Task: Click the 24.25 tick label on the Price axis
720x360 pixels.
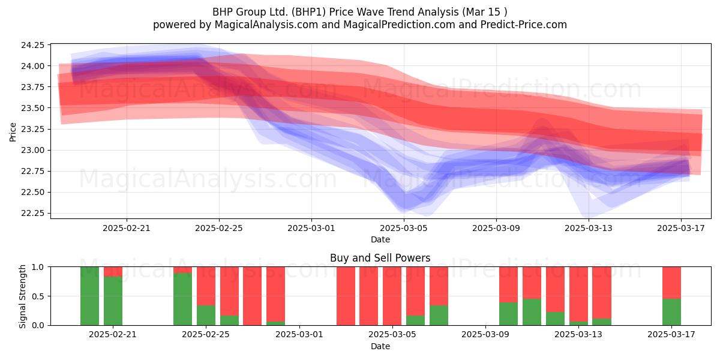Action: (32, 45)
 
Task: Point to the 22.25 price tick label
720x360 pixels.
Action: (32, 214)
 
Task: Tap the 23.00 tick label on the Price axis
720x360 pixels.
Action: (32, 151)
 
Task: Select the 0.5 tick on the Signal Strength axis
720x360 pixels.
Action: (38, 296)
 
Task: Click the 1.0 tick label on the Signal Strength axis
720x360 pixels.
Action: (38, 267)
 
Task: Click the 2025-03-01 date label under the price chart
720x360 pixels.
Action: (311, 228)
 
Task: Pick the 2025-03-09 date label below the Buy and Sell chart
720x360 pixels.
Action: (485, 335)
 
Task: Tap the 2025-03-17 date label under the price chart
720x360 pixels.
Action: (681, 228)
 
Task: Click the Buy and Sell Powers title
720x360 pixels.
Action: (380, 258)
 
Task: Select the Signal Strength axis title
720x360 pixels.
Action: (22, 296)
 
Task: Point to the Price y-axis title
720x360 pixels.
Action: (13, 132)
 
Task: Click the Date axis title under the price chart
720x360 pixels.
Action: (380, 239)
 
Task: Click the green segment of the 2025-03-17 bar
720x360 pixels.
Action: (671, 312)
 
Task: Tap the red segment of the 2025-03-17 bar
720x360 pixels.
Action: (671, 283)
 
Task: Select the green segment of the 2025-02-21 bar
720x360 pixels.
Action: (113, 301)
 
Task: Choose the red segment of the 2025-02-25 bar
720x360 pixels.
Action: (206, 286)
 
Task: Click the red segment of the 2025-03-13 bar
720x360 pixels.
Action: (578, 295)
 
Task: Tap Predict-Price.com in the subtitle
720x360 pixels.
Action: (524, 25)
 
